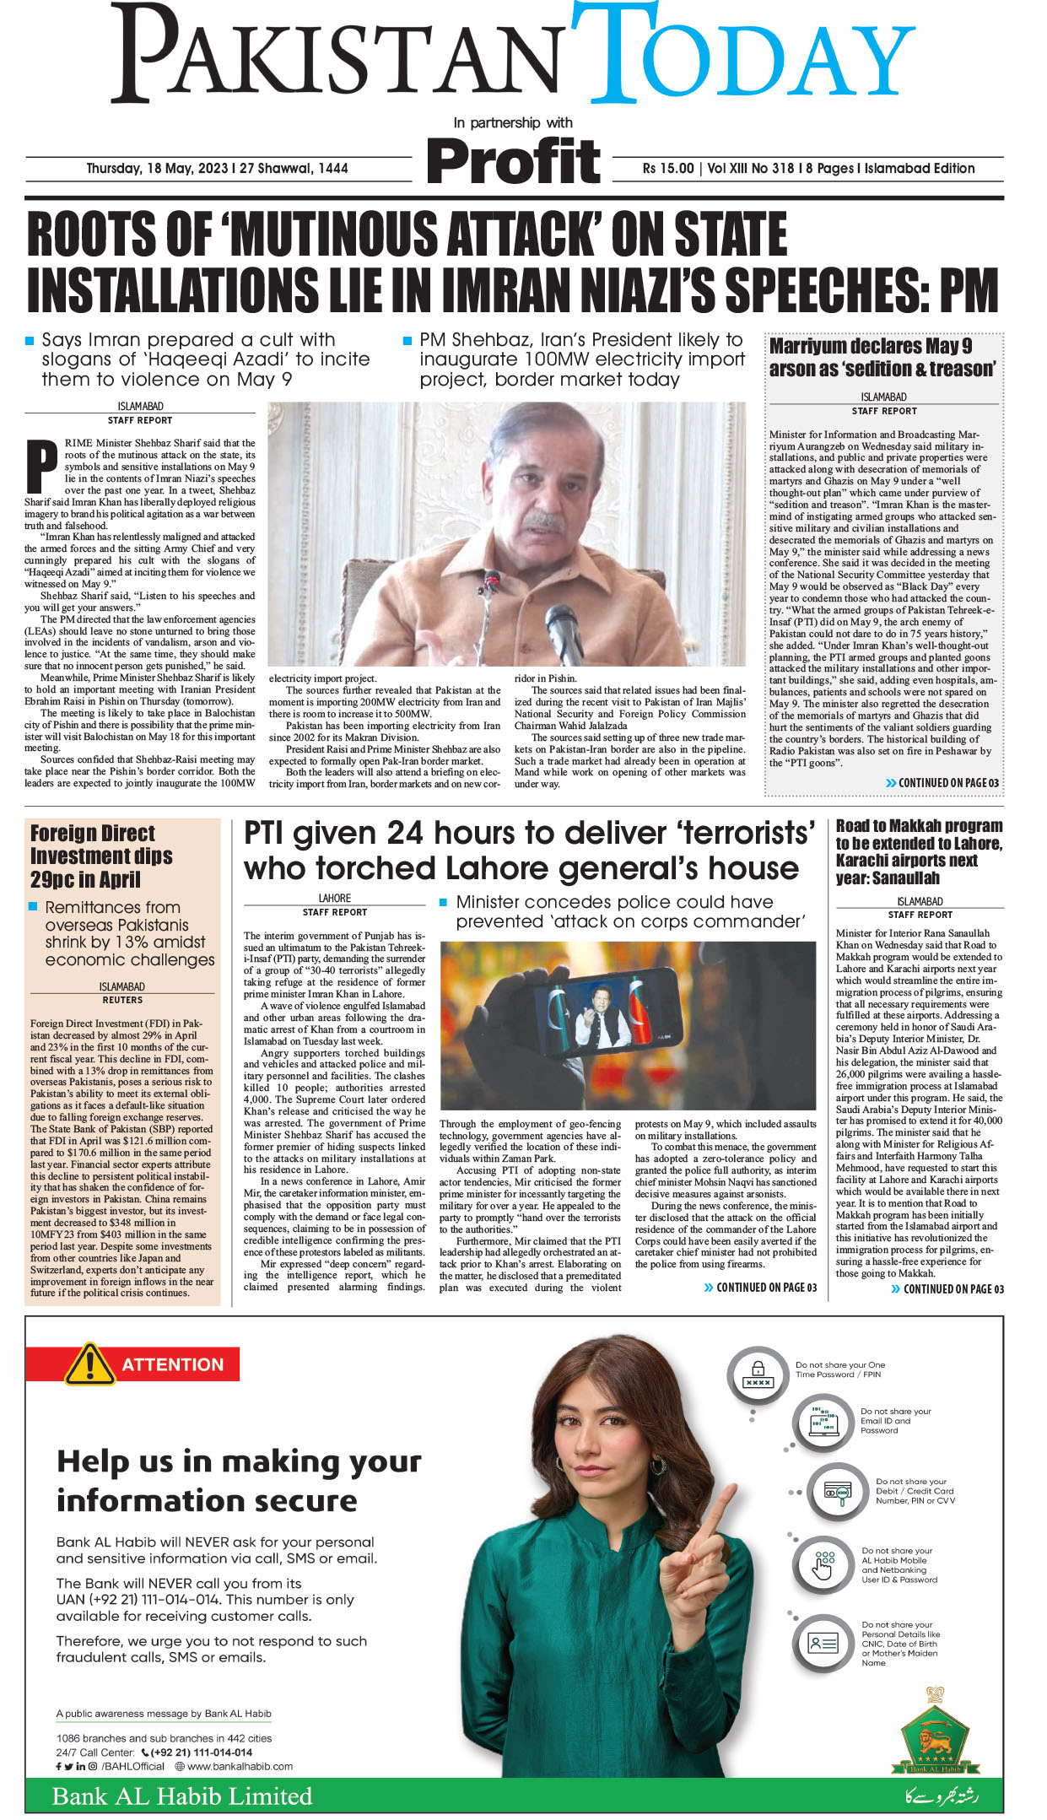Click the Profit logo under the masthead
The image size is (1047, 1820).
click(x=514, y=161)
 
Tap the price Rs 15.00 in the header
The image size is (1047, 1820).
click(x=667, y=168)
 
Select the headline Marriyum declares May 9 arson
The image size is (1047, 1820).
click(x=882, y=357)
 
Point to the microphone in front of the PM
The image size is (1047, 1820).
click(x=564, y=625)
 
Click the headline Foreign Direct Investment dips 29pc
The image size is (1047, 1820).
click(x=101, y=856)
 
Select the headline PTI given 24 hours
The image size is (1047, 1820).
click(x=529, y=850)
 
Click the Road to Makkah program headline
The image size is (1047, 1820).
click(x=919, y=851)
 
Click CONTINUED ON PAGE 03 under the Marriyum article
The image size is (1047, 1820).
click(x=947, y=783)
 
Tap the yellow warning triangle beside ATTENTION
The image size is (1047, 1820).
click(x=89, y=1364)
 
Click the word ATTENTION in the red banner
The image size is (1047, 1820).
click(x=173, y=1364)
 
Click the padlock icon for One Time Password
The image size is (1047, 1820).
click(x=758, y=1374)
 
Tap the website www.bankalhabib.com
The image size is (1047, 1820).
click(x=240, y=1766)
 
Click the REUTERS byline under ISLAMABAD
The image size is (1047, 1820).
click(x=122, y=1000)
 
